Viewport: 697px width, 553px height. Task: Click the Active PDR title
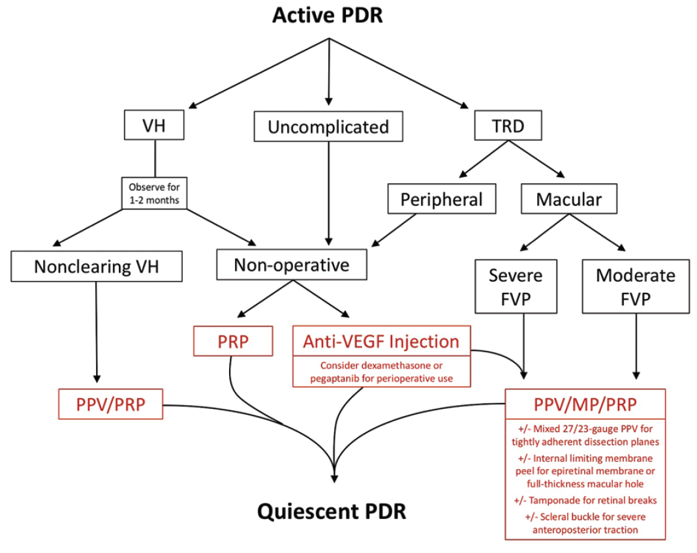coord(327,15)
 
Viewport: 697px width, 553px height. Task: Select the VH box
coord(155,126)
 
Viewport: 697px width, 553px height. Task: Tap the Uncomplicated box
coord(328,127)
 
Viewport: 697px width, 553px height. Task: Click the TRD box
coord(508,126)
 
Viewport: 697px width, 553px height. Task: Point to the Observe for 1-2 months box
coord(155,192)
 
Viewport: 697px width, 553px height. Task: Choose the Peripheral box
coord(442,199)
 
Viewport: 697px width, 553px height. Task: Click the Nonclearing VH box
coord(96,266)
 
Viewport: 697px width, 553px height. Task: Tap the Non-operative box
coord(292,265)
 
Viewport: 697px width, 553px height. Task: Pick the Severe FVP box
coord(516,286)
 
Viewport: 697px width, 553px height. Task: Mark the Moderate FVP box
coord(636,286)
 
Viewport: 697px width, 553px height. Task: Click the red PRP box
coord(233,341)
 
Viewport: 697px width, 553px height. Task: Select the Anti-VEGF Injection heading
coord(381,341)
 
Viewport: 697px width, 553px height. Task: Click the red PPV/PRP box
coord(110,404)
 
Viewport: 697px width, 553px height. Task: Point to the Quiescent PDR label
coord(332,511)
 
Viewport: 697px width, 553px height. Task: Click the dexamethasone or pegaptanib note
coord(382,372)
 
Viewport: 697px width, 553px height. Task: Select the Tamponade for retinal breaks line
coord(585,500)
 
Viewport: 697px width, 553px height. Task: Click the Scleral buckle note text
coord(585,523)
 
